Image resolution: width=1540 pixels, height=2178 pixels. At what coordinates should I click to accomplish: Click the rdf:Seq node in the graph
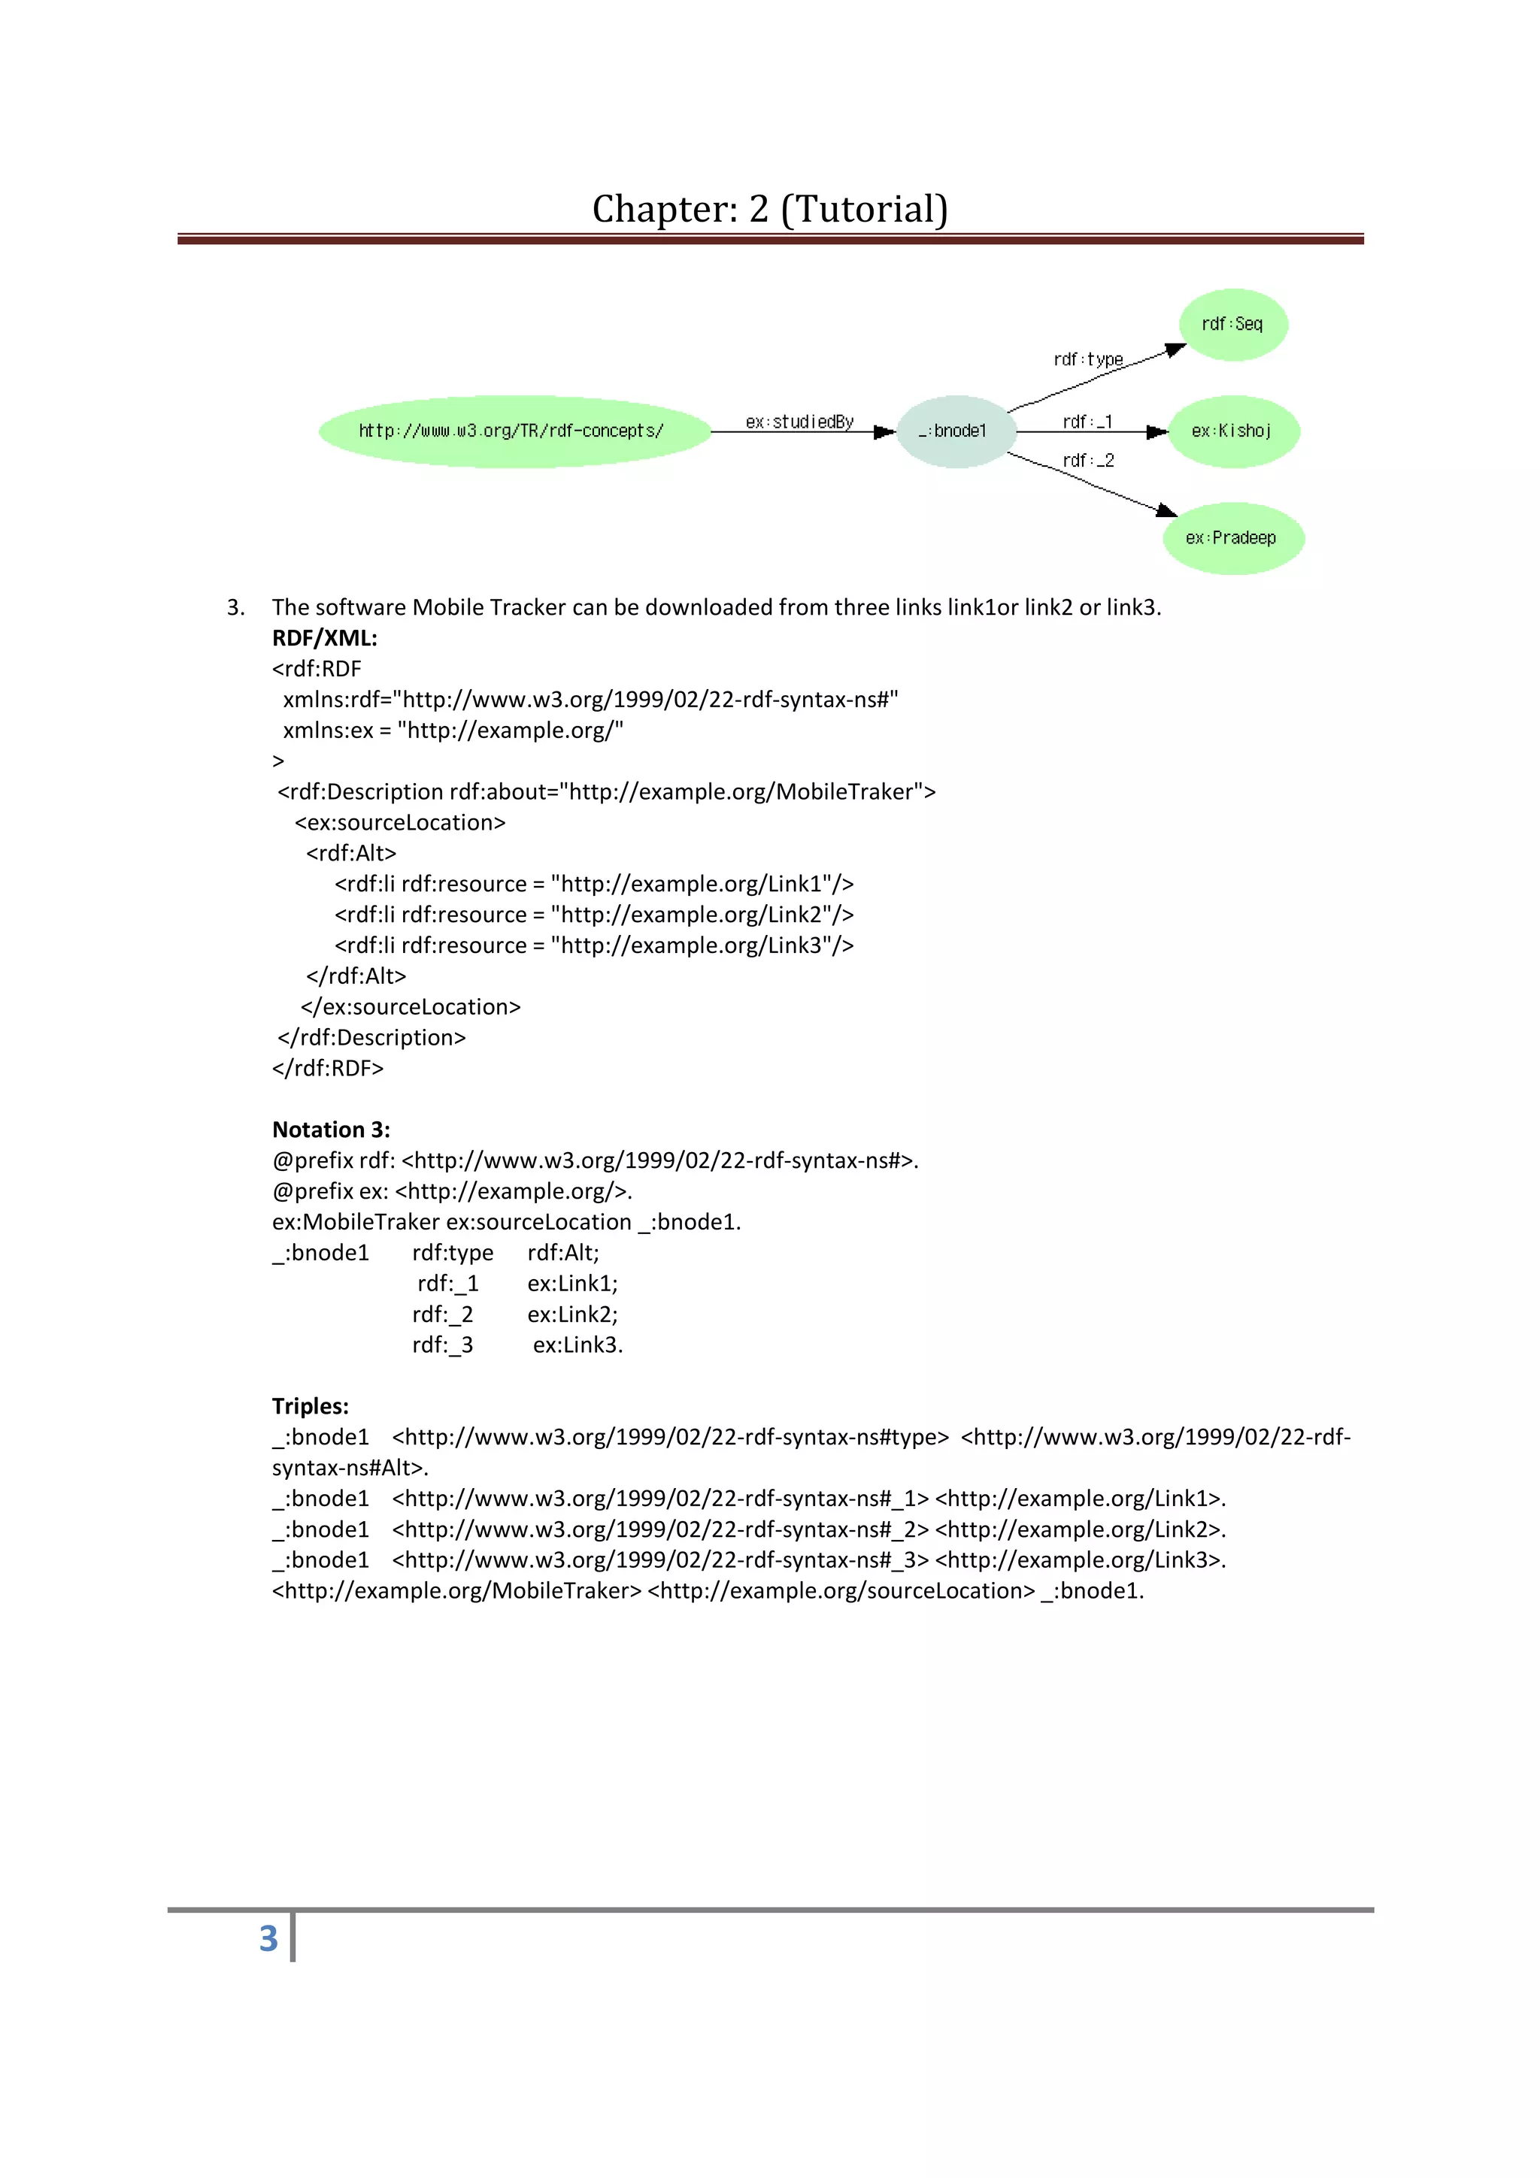(1232, 325)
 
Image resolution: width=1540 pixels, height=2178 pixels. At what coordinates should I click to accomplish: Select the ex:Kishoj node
(1232, 431)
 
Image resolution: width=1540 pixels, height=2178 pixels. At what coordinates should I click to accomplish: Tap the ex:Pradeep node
(1232, 538)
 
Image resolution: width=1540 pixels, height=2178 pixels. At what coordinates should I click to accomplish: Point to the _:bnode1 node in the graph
(953, 431)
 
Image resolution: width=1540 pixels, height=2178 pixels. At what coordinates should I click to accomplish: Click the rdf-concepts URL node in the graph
(511, 431)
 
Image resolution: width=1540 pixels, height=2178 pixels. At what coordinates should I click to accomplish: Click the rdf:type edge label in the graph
(1087, 358)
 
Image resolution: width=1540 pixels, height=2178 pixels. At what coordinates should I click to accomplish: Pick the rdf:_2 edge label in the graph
(1087, 460)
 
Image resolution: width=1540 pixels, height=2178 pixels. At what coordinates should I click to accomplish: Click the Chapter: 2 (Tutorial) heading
(769, 209)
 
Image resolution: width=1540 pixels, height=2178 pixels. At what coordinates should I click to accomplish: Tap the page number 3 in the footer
(268, 1938)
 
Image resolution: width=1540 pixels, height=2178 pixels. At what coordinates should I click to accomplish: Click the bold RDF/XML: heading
(325, 637)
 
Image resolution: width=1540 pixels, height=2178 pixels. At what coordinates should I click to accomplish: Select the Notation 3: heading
(331, 1129)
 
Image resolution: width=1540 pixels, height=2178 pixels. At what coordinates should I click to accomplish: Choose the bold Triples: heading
(311, 1406)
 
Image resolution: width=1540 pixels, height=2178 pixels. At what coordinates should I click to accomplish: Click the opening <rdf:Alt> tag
(351, 853)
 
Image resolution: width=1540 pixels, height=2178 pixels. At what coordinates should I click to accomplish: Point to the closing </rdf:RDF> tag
(327, 1068)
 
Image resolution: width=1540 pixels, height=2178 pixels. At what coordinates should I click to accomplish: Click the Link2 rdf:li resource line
(593, 915)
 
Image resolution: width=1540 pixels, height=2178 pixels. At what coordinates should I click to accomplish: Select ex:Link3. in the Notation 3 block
(577, 1345)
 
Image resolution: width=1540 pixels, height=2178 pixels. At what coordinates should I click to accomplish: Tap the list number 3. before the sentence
(235, 607)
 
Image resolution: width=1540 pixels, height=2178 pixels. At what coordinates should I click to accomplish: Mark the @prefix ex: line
(452, 1190)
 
